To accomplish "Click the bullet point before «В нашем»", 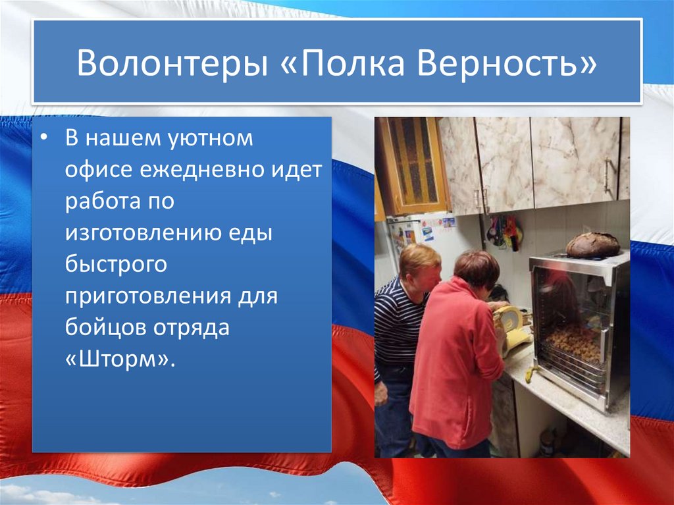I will (x=43, y=140).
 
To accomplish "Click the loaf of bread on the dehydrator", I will (x=592, y=245).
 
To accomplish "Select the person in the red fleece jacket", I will (x=455, y=356).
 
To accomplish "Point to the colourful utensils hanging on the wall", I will (x=504, y=232).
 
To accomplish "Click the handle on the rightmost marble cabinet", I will (x=609, y=178).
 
